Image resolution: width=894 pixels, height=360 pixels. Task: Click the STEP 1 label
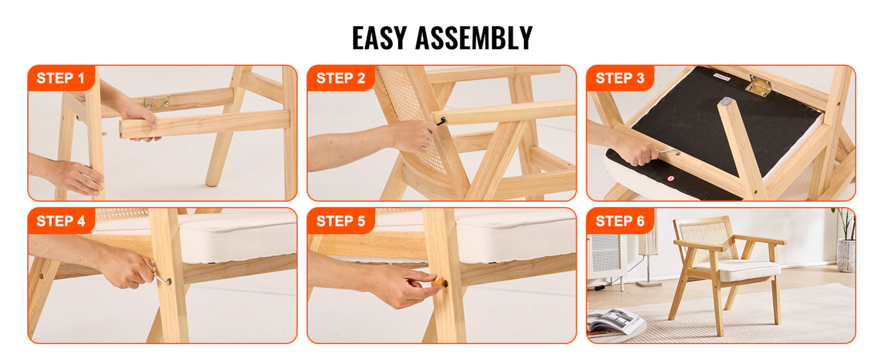tap(61, 78)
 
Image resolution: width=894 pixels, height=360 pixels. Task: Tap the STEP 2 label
tap(340, 78)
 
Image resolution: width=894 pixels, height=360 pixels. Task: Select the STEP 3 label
tap(620, 78)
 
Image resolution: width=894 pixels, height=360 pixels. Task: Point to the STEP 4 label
tap(61, 221)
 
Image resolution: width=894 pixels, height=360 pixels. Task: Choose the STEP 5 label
tap(340, 221)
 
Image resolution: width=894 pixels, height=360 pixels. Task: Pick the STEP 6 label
tap(620, 221)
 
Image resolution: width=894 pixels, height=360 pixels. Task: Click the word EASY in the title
tap(379, 38)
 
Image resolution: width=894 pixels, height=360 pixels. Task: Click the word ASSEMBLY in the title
tap(474, 38)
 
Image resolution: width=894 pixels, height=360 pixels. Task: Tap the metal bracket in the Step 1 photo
tap(157, 102)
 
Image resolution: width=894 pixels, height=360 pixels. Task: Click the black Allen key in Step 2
tap(441, 122)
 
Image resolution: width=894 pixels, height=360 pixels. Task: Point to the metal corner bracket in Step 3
tap(758, 86)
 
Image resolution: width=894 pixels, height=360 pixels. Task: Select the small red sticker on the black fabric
tap(671, 178)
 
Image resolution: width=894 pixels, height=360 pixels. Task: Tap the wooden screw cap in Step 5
tap(438, 281)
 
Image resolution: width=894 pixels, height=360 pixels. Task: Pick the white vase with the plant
tap(846, 255)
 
